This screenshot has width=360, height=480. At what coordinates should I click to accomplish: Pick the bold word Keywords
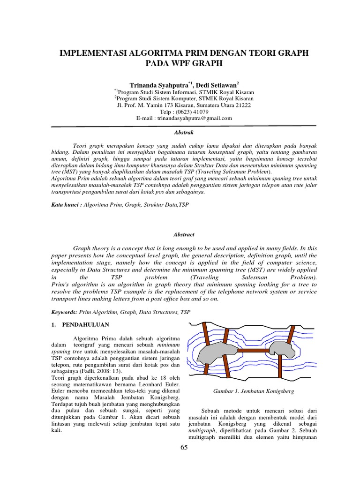(64, 312)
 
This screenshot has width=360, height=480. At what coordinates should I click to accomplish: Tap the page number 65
(183, 448)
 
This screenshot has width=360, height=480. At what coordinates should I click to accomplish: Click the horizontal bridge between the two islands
(254, 350)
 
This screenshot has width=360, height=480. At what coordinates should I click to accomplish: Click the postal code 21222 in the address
(243, 105)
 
